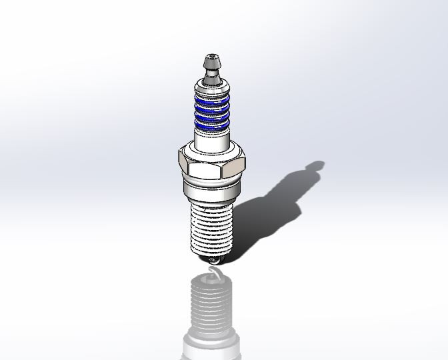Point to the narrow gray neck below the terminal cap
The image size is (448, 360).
[212, 78]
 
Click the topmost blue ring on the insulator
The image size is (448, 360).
[212, 98]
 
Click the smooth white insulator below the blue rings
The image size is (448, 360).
[212, 140]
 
